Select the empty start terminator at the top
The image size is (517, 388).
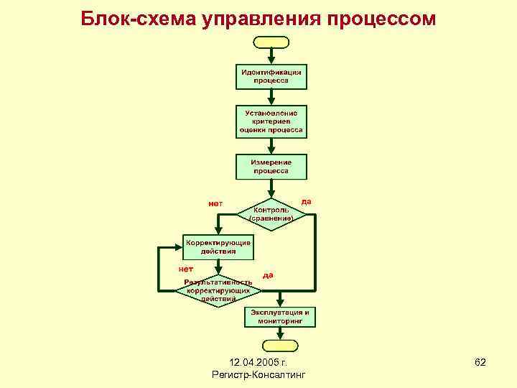pyautogui.click(x=271, y=42)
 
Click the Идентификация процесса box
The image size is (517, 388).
pyautogui.click(x=271, y=76)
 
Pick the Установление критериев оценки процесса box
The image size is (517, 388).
pyautogui.click(x=271, y=122)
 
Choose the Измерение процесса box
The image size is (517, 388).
pyautogui.click(x=271, y=167)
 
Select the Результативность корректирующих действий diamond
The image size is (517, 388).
pyautogui.click(x=218, y=290)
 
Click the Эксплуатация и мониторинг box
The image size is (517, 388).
pyautogui.click(x=282, y=317)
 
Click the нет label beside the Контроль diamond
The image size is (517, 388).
pyautogui.click(x=215, y=203)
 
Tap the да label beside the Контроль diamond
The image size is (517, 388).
pyautogui.click(x=306, y=201)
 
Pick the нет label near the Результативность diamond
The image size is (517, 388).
pyautogui.click(x=186, y=268)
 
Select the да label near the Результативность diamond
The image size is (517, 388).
pyautogui.click(x=268, y=274)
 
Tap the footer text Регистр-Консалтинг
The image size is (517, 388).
pyautogui.click(x=259, y=375)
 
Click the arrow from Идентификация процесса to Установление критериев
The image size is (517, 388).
pyautogui.click(x=271, y=98)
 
